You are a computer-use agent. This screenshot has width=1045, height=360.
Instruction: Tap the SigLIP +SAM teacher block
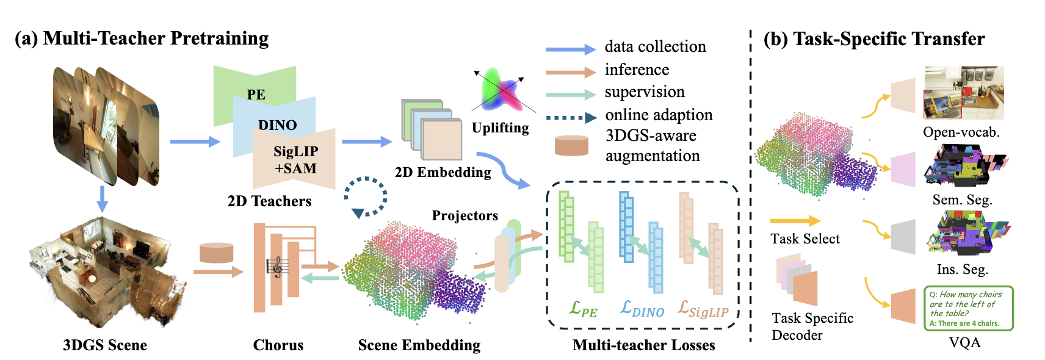(x=296, y=160)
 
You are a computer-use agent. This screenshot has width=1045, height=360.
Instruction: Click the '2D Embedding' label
(x=443, y=173)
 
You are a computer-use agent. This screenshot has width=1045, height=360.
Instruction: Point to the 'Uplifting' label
(x=500, y=128)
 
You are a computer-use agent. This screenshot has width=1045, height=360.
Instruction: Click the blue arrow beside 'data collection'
(x=570, y=49)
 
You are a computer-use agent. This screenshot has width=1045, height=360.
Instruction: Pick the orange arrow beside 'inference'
(x=570, y=72)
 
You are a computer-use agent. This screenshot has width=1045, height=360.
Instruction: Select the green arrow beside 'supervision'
(x=570, y=95)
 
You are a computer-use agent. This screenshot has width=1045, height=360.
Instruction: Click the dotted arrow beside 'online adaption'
(x=570, y=117)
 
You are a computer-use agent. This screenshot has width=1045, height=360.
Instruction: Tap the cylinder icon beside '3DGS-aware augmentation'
(x=571, y=146)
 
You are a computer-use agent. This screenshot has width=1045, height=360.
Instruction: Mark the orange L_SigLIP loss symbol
(x=703, y=309)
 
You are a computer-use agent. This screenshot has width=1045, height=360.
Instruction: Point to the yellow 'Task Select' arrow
(x=795, y=221)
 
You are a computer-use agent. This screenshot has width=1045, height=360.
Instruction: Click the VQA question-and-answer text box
(x=968, y=309)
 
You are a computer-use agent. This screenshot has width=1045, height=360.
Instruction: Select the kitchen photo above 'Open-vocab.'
(x=964, y=93)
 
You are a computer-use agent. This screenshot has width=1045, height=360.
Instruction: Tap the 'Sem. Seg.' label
(x=962, y=200)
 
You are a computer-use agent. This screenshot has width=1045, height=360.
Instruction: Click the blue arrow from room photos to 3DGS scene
(x=103, y=198)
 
